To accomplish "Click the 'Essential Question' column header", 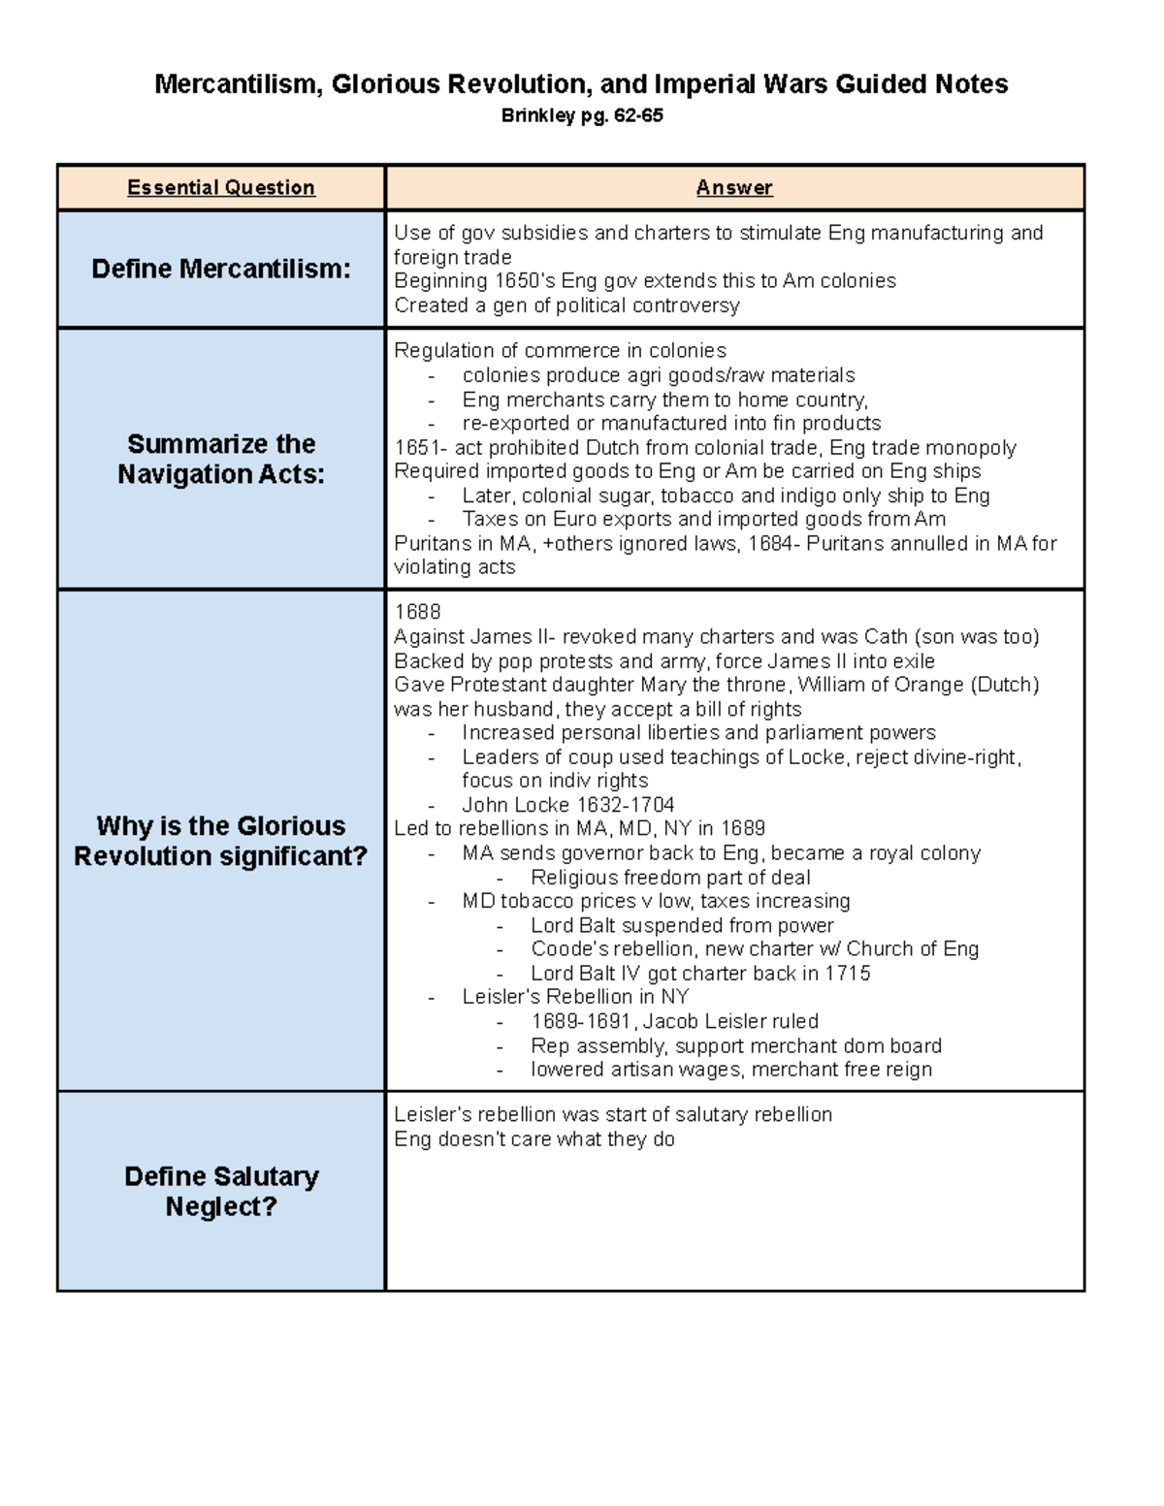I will pyautogui.click(x=221, y=187).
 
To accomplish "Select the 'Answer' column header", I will pyautogui.click(x=734, y=187).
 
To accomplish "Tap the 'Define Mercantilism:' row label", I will pyautogui.click(x=221, y=269).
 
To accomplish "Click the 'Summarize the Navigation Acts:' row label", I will pyautogui.click(x=221, y=459).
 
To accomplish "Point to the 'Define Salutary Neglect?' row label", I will pyautogui.click(x=221, y=1191).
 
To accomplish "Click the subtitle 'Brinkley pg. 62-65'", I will pyautogui.click(x=581, y=115).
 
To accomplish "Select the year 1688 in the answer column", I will pyautogui.click(x=417, y=612).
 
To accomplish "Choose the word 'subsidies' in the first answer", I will pyautogui.click(x=537, y=233).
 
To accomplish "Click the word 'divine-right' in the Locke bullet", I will pyautogui.click(x=962, y=757).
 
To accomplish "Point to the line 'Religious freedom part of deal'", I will pyautogui.click(x=670, y=878).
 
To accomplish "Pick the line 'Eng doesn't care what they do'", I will pyautogui.click(x=533, y=1139).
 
